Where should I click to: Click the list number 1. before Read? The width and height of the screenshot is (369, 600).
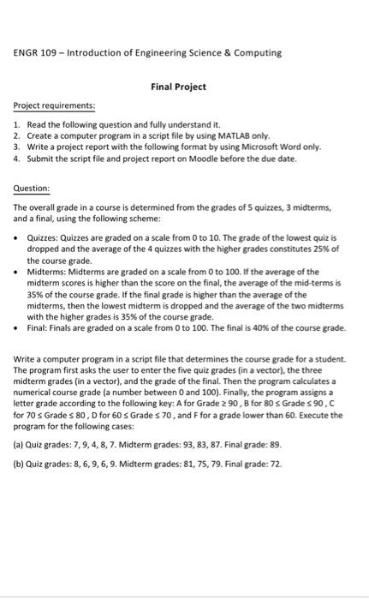coord(17,124)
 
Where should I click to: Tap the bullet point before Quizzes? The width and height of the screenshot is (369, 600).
coord(18,237)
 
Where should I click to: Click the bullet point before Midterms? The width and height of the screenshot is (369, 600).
coord(18,270)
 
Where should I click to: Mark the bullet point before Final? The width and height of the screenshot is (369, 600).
coord(18,327)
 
